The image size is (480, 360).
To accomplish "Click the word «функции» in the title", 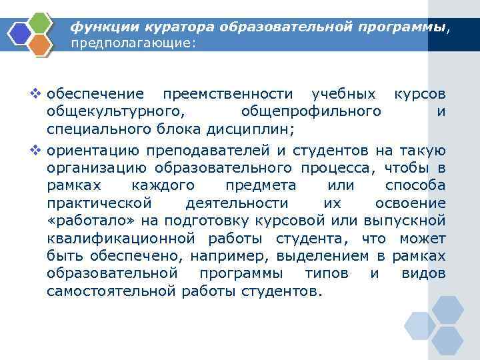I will [100, 27].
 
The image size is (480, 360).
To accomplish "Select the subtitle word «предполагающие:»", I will [134, 43].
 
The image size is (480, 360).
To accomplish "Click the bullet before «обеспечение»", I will [37, 93].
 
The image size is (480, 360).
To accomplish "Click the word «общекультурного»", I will [115, 111].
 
